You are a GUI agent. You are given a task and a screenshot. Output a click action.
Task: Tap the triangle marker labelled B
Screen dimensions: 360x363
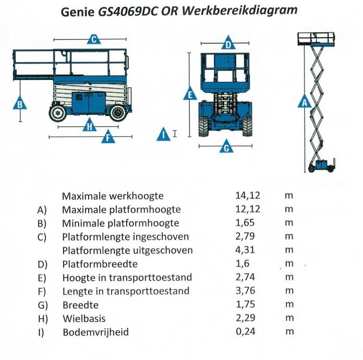[x=20, y=104]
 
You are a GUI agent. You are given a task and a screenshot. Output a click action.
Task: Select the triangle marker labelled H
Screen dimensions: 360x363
[x=90, y=126]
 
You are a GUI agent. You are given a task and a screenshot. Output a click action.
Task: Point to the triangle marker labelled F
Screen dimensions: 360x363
[x=108, y=138]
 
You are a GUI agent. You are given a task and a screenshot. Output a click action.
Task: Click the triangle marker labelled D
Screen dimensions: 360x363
[x=228, y=44]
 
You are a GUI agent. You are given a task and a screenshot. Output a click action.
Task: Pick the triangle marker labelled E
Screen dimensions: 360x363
[x=190, y=95]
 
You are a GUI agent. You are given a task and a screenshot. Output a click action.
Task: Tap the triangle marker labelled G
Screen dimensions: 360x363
[x=226, y=148]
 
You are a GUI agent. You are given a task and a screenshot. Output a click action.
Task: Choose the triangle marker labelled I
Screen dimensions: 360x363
[x=164, y=135]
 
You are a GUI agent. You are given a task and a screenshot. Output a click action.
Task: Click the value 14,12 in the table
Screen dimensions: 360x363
[x=248, y=196]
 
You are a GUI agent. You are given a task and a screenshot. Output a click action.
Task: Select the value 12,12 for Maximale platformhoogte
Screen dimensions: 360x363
[x=248, y=209]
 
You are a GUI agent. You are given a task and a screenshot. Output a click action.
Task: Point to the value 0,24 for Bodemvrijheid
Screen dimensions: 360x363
[x=248, y=332]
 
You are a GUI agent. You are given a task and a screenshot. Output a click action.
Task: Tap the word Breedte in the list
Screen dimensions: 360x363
[x=80, y=305]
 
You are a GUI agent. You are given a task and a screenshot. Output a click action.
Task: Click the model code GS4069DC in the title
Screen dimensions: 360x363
[x=124, y=11]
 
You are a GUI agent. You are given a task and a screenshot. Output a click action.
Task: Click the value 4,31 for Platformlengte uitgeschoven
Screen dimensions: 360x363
[x=248, y=250]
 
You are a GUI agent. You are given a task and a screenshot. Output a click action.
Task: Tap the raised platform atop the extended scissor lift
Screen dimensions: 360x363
[x=315, y=39]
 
